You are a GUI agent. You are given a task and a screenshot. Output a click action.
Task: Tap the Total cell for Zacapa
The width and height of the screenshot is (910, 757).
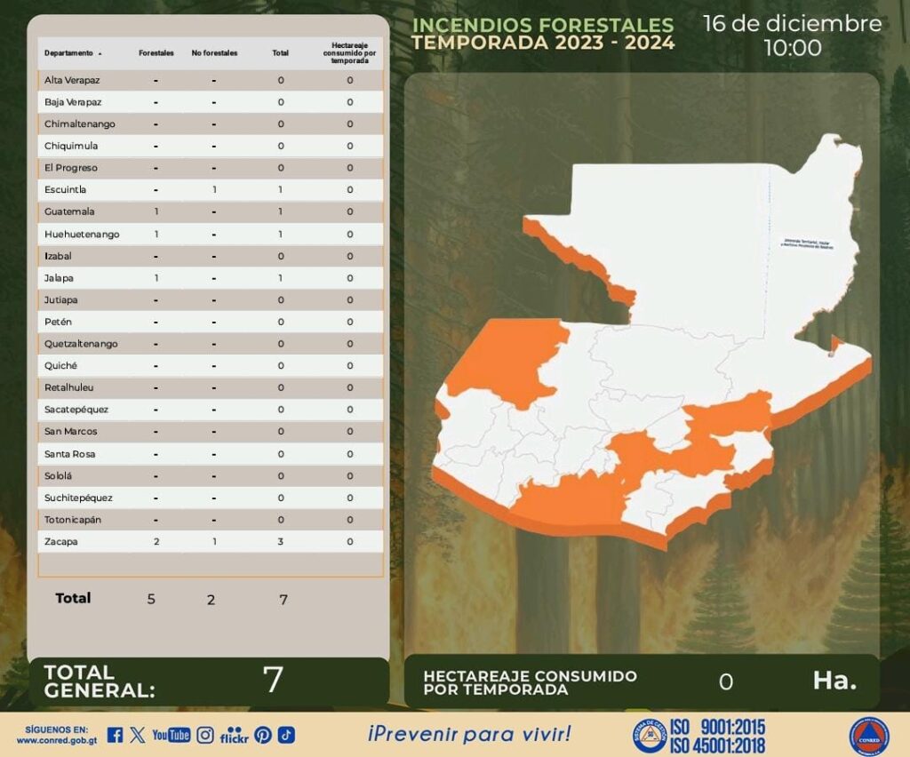click(281, 541)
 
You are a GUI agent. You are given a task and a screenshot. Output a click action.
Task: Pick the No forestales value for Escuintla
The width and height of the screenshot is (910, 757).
click(214, 190)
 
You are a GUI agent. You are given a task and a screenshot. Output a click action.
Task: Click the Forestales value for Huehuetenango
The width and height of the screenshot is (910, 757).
click(156, 234)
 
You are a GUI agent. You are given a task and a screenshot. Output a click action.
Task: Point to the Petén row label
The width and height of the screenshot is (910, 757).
click(58, 322)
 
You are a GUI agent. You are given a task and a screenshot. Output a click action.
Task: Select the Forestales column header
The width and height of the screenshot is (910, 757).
click(156, 53)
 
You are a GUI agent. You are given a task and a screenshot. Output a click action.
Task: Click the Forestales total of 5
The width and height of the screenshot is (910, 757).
click(151, 599)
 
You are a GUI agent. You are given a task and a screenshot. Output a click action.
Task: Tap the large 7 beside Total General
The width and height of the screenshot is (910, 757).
click(273, 680)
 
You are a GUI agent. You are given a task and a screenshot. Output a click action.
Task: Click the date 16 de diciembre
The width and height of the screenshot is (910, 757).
click(792, 23)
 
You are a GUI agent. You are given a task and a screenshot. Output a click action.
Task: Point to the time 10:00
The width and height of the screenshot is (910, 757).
click(793, 48)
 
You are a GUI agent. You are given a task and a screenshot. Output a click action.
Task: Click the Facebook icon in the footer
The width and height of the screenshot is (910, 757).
click(115, 735)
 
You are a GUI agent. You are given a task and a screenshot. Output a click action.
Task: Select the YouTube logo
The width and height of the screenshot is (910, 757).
click(172, 735)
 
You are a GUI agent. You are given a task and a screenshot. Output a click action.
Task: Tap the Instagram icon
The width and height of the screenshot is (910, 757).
click(205, 735)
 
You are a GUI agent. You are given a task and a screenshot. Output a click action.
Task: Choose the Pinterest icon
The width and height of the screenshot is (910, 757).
click(263, 735)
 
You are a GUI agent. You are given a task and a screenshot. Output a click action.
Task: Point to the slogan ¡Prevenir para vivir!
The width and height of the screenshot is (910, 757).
click(469, 734)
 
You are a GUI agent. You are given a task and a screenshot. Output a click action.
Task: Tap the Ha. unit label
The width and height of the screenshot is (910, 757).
click(834, 681)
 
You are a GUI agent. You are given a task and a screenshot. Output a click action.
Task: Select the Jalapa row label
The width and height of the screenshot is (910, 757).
click(59, 278)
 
